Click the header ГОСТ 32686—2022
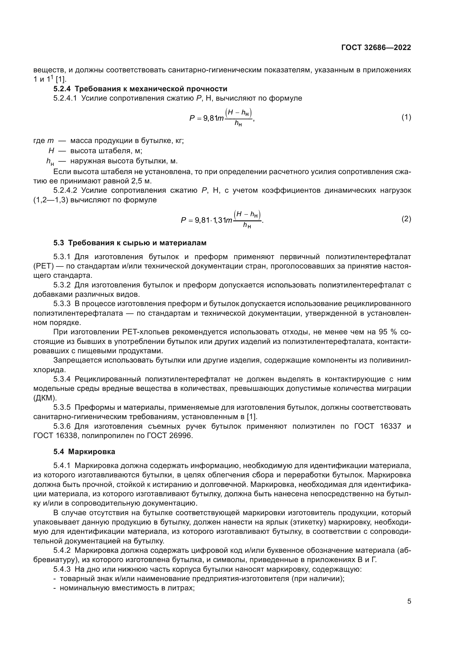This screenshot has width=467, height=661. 376,48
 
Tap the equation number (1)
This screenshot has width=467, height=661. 406,117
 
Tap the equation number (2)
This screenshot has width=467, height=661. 406,219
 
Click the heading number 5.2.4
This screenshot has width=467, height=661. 62,89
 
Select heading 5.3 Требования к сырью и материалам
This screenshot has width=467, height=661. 130,243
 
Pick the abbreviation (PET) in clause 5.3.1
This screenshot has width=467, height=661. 43,266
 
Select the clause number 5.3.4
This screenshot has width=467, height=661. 62,379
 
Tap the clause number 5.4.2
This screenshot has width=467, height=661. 62,550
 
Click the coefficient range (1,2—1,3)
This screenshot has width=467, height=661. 50,200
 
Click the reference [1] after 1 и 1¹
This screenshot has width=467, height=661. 61,79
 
